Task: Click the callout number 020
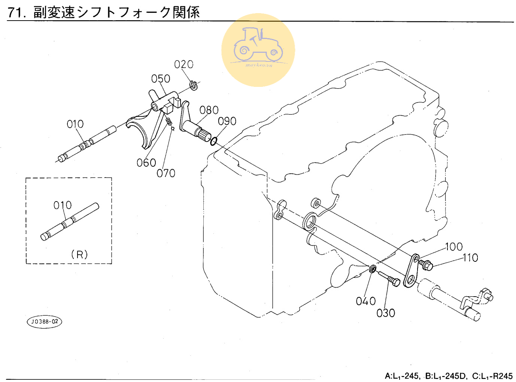pyautogui.click(x=183, y=64)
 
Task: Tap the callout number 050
pyautogui.click(x=161, y=79)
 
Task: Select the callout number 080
pyautogui.click(x=209, y=110)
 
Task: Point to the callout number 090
pyautogui.click(x=227, y=121)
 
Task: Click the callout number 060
pyautogui.click(x=146, y=163)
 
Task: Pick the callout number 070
pyautogui.click(x=166, y=173)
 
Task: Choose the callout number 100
pyautogui.click(x=454, y=247)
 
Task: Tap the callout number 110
pyautogui.click(x=470, y=258)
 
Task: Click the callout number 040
pyautogui.click(x=366, y=301)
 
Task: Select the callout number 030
pyautogui.click(x=386, y=313)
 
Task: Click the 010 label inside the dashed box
pyautogui.click(x=63, y=205)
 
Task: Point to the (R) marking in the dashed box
pyautogui.click(x=79, y=255)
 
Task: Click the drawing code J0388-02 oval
pyautogui.click(x=45, y=322)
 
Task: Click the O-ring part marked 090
pyautogui.click(x=213, y=142)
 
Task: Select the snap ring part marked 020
pyautogui.click(x=193, y=85)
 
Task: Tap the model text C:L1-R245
pyautogui.click(x=492, y=376)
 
